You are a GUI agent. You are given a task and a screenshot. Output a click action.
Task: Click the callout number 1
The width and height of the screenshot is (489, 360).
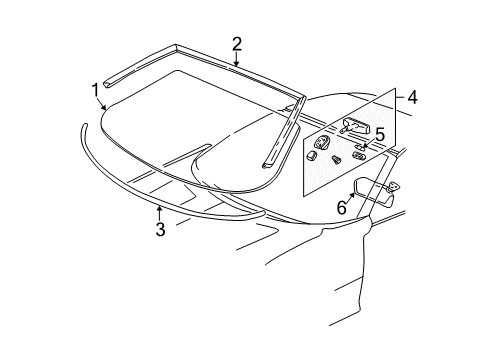[x=97, y=91]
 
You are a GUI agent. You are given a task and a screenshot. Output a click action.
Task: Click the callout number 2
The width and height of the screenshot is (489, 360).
[x=237, y=43]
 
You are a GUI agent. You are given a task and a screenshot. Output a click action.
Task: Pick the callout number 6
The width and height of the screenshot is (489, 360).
[x=341, y=209]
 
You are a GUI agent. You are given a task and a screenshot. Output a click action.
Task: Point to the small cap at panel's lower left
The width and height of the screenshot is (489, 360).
[x=312, y=156]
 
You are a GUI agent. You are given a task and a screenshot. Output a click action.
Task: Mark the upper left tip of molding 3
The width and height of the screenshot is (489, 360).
[x=86, y=126]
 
